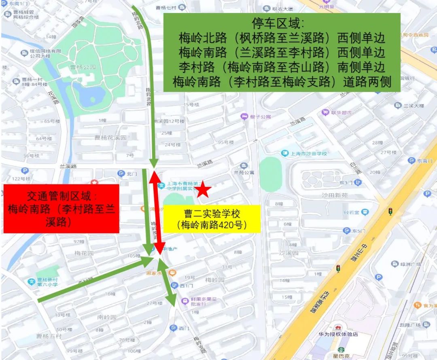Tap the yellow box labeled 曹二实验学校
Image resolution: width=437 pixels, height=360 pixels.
(x=212, y=219)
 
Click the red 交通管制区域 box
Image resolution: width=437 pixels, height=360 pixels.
(x=61, y=209)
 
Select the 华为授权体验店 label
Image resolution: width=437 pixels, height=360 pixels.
(x=338, y=334)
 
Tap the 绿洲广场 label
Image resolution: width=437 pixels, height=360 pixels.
(x=412, y=264)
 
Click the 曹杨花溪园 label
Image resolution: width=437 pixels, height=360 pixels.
(x=110, y=138)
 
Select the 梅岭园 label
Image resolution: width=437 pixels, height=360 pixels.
(x=214, y=280)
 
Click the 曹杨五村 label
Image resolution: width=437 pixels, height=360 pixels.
(x=49, y=336)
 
